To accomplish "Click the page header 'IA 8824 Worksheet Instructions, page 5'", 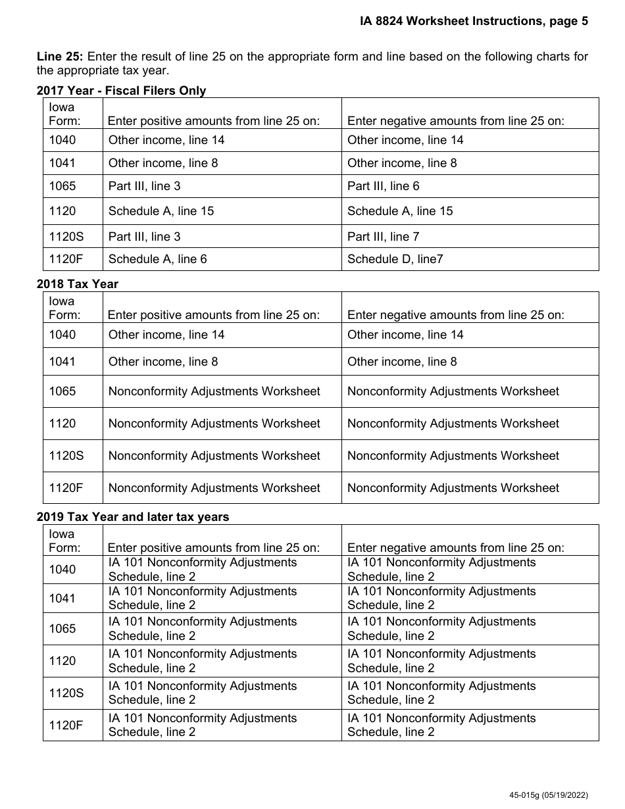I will pos(474,21).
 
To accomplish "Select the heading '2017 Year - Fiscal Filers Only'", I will pos(121,91).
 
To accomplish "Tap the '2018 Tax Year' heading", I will pos(78,284).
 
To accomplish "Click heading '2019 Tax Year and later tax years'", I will pos(133,517).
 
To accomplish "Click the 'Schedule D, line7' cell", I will pos(395,259).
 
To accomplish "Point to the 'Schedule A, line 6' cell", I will pos(157,259).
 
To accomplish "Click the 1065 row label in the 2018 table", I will pos(63,391).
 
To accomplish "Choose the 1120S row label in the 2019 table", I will pos(66,693).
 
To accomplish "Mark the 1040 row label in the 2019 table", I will pos(63,570).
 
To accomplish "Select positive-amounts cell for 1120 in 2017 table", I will pos(161,211).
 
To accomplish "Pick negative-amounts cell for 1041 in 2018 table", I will pos(401,362).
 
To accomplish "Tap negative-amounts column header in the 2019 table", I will pos(455,547).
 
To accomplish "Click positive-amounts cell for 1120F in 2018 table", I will pos(214,488).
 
